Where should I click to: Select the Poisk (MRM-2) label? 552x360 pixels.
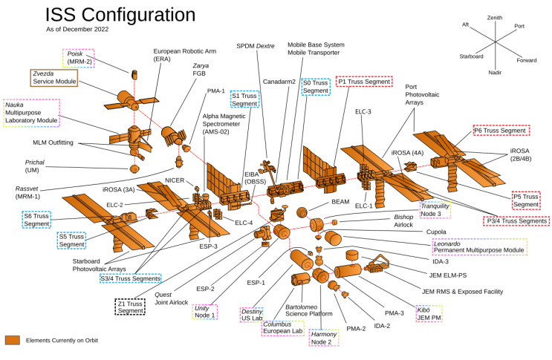tap(79, 58)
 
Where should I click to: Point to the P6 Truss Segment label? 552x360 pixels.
tap(501, 131)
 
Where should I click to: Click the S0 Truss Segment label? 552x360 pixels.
tap(315, 87)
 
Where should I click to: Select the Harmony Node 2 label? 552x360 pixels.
tap(324, 338)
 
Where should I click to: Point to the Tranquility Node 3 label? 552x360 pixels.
tap(435, 209)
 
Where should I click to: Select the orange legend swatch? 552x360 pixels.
tap(12, 340)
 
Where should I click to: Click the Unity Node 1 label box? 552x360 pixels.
tap(204, 312)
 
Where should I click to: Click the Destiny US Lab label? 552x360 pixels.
tap(251, 315)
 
